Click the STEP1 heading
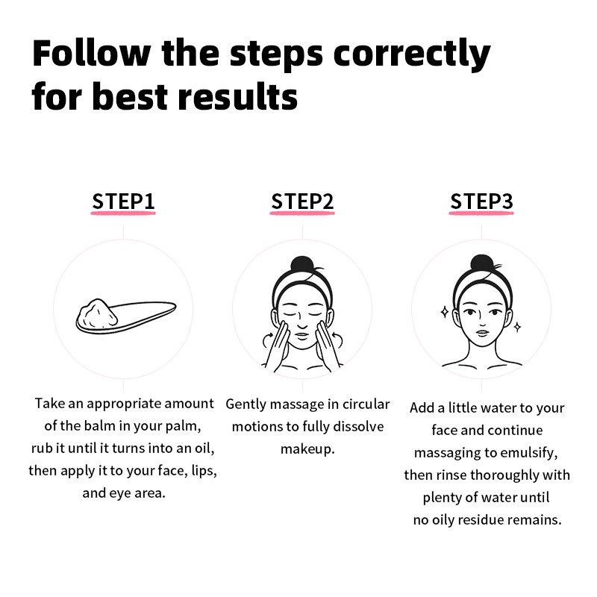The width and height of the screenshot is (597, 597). tap(123, 201)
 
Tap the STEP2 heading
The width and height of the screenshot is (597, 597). tap(302, 201)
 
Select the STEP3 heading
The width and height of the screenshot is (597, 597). tap(481, 201)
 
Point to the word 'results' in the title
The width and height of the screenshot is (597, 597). tap(237, 96)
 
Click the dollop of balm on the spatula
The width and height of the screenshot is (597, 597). tap(97, 313)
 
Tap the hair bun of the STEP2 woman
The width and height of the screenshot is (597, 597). tap(302, 264)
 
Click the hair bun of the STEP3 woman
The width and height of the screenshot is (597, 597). tap(482, 263)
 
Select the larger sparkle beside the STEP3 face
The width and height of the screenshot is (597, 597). tap(444, 312)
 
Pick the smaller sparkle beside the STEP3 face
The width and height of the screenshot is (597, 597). tap(517, 327)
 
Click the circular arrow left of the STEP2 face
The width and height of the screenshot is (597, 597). tap(267, 340)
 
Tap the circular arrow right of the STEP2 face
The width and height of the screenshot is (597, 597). tap(337, 339)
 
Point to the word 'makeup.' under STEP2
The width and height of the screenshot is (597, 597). tap(307, 450)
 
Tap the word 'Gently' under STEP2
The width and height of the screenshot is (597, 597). tap(246, 404)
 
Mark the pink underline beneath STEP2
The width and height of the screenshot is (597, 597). tap(302, 213)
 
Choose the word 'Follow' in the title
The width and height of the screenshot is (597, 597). tap(91, 54)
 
